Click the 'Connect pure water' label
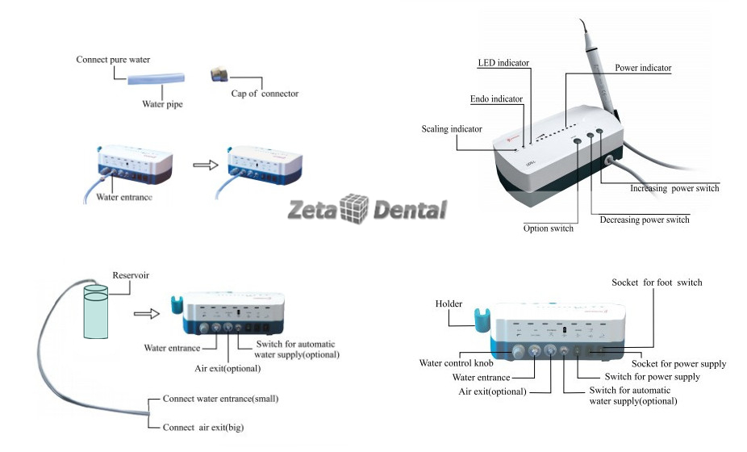point(113,60)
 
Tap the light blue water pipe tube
point(156,78)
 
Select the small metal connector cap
point(219,74)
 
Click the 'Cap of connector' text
point(265,94)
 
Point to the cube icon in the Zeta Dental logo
point(354,208)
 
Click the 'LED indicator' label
point(503,63)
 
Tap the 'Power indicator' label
point(643,68)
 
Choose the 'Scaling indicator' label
point(452,128)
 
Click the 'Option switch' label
point(549,228)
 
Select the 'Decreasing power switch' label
point(645,220)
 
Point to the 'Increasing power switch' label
point(674,188)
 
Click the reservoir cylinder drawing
point(96,312)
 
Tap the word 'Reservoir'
point(131,275)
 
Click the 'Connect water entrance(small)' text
point(220,399)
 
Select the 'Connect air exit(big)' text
point(203,427)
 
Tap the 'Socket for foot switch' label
point(657,282)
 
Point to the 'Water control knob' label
point(456,363)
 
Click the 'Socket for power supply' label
point(679,364)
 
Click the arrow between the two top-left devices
point(206,165)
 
